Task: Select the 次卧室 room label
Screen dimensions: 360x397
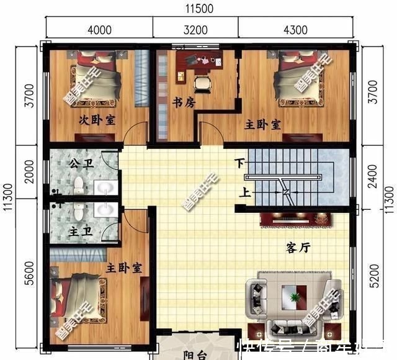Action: (97, 120)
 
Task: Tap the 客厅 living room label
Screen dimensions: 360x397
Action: (298, 248)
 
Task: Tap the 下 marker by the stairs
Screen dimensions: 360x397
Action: (239, 164)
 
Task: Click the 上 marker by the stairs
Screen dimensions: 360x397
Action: (246, 193)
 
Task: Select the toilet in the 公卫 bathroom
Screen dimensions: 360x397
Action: (79, 184)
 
